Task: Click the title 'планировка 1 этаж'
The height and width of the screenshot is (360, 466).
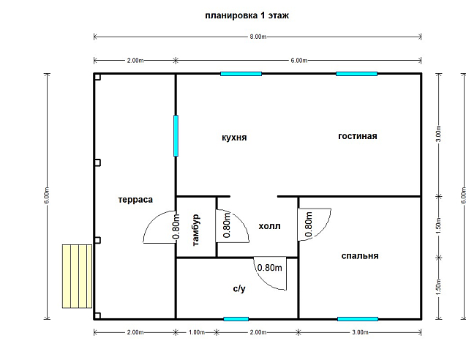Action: click(247, 15)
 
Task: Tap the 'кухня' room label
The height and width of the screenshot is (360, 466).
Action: click(234, 138)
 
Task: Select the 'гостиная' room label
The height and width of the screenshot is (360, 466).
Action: click(358, 136)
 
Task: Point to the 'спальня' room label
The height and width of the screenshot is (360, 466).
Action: click(360, 256)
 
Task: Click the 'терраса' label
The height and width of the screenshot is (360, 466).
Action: click(135, 200)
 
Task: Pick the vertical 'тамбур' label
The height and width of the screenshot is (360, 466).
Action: click(196, 230)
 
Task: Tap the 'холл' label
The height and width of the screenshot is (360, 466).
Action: click(269, 226)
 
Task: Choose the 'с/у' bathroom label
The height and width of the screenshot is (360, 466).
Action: click(239, 288)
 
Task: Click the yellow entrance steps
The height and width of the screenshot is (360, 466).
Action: click(78, 276)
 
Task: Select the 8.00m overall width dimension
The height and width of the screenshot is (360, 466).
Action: click(258, 37)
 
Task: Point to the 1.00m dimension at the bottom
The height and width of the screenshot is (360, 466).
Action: click(196, 332)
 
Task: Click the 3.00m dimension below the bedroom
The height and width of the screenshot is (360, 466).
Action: click(360, 332)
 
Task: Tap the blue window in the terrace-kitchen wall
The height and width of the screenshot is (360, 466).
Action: click(176, 136)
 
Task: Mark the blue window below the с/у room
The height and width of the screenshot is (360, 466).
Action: click(236, 319)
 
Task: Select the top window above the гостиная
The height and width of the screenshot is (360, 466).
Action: click(357, 74)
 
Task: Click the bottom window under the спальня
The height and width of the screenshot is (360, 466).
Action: click(358, 319)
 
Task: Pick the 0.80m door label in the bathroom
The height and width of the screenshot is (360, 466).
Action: click(270, 268)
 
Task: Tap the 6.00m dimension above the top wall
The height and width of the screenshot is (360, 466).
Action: click(298, 60)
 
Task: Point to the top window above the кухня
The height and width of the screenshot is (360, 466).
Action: click(241, 74)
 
